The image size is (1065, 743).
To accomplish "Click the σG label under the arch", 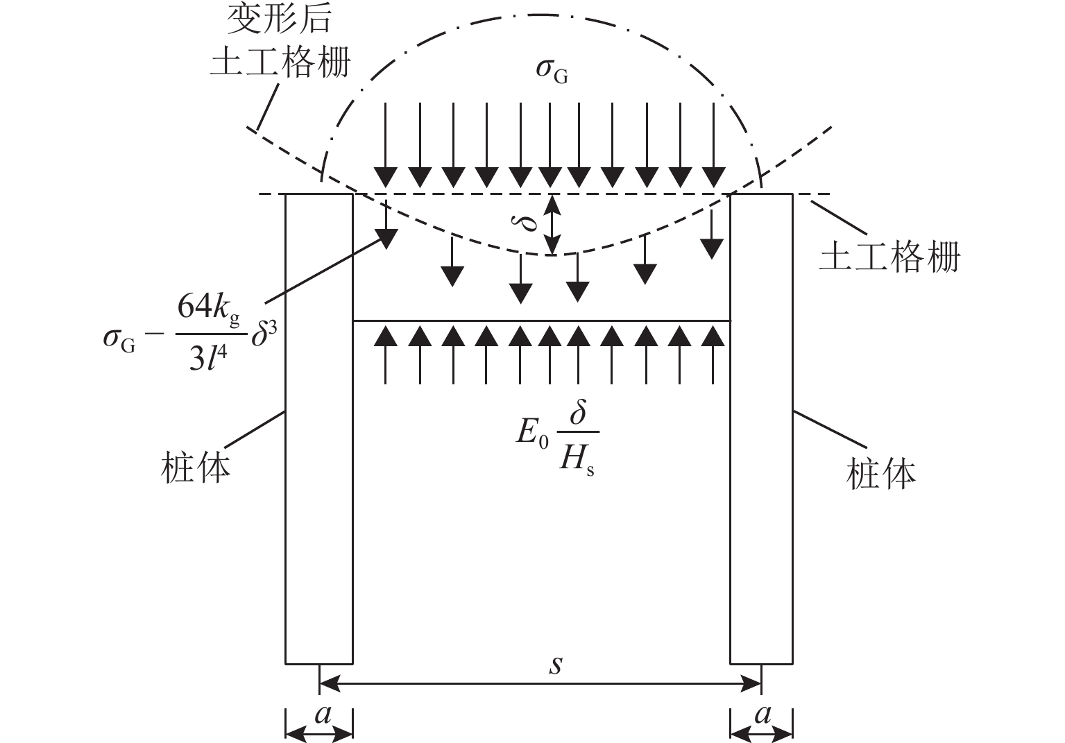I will [551, 71].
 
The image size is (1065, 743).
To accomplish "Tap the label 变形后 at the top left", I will [280, 20].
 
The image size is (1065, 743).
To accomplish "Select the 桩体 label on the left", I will [196, 467].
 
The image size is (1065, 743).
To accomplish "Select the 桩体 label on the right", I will [881, 473].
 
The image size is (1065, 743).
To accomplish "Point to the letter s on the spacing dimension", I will [555, 664].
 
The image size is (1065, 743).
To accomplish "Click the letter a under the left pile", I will [323, 714].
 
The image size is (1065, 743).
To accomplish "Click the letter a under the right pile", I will [762, 714].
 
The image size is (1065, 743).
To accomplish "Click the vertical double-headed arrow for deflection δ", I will [551, 224].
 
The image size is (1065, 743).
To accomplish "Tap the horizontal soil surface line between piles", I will [541, 321].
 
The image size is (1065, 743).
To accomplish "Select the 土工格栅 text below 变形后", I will [280, 62].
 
